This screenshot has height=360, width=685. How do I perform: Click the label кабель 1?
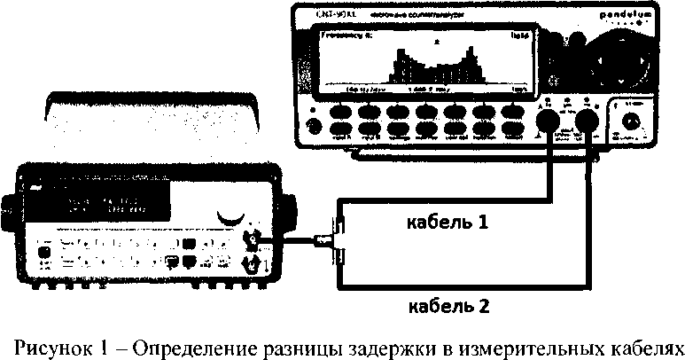click(x=447, y=222)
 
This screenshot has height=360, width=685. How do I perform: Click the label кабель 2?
click(x=447, y=308)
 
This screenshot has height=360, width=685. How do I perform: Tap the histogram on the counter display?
click(x=424, y=67)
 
